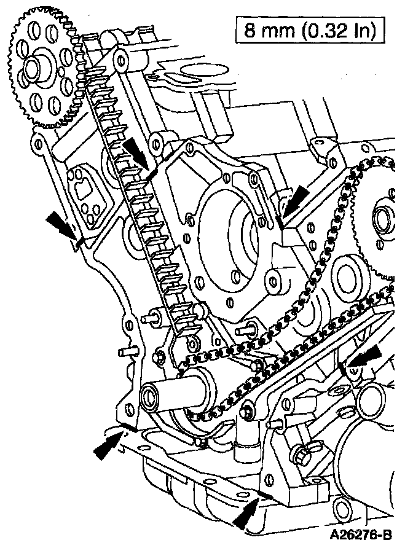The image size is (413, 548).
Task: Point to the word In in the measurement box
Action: [x=368, y=30]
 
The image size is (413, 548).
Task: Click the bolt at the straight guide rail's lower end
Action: [x=247, y=405]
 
